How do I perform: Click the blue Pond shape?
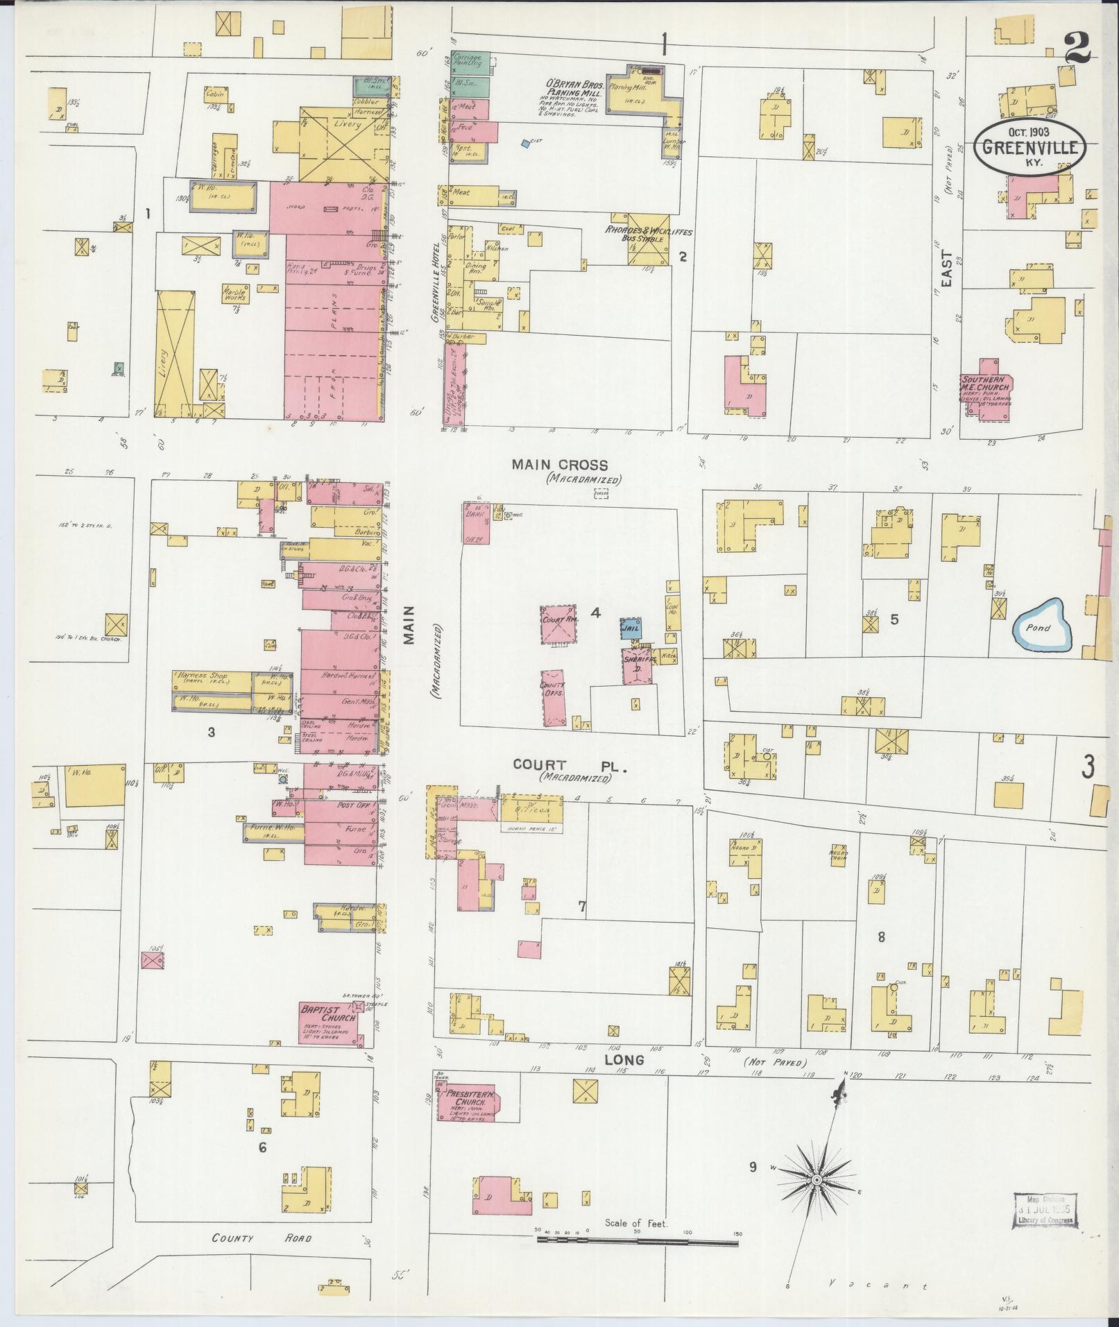coord(1041,626)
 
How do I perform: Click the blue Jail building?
coord(630,627)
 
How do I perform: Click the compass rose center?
coord(817,1180)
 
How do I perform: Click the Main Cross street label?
coord(559,465)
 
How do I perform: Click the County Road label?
coord(262,1238)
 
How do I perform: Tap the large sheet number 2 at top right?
coord(1077,49)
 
